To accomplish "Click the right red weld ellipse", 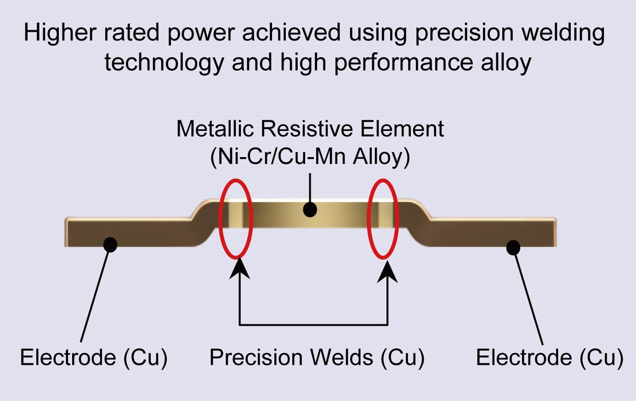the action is point(368,219).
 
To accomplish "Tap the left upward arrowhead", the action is point(239,268).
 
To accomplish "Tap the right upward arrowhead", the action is point(387,271).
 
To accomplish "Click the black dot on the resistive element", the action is point(310,210).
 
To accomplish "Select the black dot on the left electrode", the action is point(110,245).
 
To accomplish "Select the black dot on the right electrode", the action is point(513,248).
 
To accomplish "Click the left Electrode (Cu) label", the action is point(94,357).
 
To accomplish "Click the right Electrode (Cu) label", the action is point(550,357).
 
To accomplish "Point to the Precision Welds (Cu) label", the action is point(317,357).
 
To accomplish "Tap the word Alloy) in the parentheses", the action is point(381,157).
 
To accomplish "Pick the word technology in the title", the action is point(165,63).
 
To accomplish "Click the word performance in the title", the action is point(404,63).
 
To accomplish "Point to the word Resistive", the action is point(307,129).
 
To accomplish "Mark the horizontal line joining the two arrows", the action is point(313,324).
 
